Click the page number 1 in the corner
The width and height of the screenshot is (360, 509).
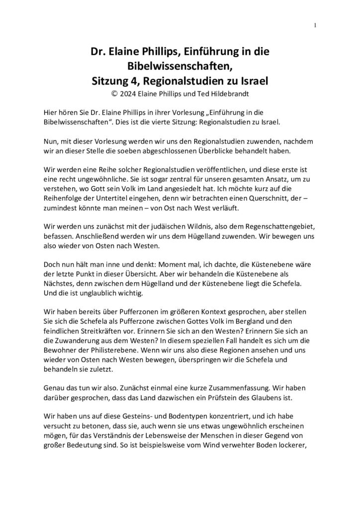tap(316, 25)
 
